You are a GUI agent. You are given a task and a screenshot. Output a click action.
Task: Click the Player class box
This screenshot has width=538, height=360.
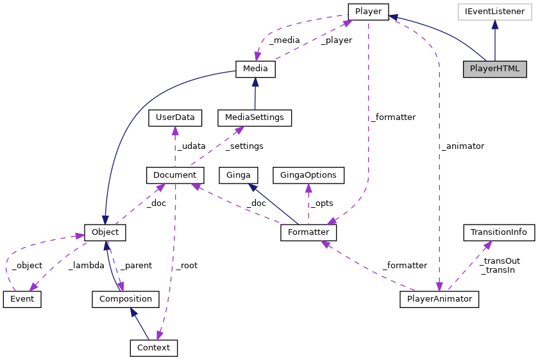coord(368,12)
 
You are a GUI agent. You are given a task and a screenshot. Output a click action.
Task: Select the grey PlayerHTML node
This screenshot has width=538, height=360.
coord(494,69)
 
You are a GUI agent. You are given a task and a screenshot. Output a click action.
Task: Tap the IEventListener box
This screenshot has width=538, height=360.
coord(494,12)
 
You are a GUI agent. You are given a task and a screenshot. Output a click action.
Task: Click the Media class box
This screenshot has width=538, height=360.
coord(255,69)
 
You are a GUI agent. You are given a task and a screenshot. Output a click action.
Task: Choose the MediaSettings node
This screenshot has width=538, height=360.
coord(255,118)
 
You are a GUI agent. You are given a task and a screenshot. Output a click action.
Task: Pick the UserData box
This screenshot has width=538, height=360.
coord(174,118)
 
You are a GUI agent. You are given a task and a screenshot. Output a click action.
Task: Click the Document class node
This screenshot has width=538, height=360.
coord(175,175)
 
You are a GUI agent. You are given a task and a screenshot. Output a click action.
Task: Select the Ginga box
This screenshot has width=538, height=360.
coord(239,175)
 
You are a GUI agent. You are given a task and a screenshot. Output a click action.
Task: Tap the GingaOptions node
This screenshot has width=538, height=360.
coord(308,175)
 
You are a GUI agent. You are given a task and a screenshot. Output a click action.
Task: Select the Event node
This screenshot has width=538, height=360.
coord(22,299)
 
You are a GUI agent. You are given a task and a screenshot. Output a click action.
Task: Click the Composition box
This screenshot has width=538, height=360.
coord(125,299)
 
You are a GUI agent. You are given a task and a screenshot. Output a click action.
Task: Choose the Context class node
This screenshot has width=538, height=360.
coord(153,348)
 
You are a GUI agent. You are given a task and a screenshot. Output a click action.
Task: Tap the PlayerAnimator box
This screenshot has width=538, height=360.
coord(439,299)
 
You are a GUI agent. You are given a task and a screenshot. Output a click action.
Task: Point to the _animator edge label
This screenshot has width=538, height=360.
coord(462,146)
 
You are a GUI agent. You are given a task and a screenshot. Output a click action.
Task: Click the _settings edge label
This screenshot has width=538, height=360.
coord(244,146)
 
